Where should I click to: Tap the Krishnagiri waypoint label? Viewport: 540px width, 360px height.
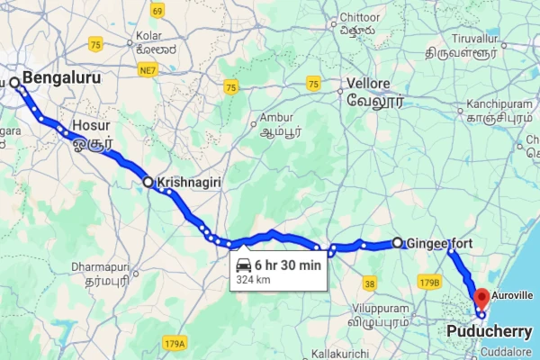[189, 182]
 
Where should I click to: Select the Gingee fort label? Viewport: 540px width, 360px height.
[439, 243]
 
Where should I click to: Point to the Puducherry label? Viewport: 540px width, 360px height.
[489, 331]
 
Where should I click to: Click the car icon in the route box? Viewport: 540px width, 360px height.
[244, 265]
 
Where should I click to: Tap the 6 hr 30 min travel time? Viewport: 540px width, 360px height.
[287, 265]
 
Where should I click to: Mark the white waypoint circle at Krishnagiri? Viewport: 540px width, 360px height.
[149, 182]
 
